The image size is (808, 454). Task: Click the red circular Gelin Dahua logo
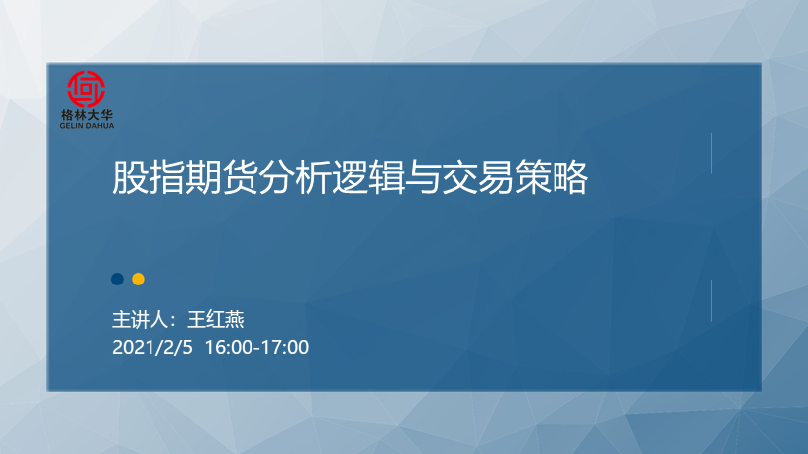[x=86, y=89]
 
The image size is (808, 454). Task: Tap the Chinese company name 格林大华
[x=86, y=115]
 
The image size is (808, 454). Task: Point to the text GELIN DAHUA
[x=86, y=125]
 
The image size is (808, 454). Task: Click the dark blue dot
[x=118, y=280]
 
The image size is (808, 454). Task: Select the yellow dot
[x=138, y=280]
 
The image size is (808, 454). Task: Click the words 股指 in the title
[x=149, y=177]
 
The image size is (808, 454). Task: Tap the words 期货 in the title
[x=221, y=177]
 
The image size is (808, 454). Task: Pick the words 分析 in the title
[x=294, y=177]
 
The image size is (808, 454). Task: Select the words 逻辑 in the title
[x=368, y=177]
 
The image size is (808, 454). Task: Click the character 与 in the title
[x=423, y=177]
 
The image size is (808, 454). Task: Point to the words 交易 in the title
[x=477, y=177]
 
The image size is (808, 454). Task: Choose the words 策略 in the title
[x=551, y=177]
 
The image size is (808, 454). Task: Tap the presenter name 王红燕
[x=216, y=320]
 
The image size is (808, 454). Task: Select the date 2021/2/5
[x=152, y=347]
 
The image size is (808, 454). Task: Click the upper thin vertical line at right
[x=712, y=154]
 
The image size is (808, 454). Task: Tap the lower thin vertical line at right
[x=712, y=300]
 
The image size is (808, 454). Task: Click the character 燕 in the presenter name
[x=235, y=320]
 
